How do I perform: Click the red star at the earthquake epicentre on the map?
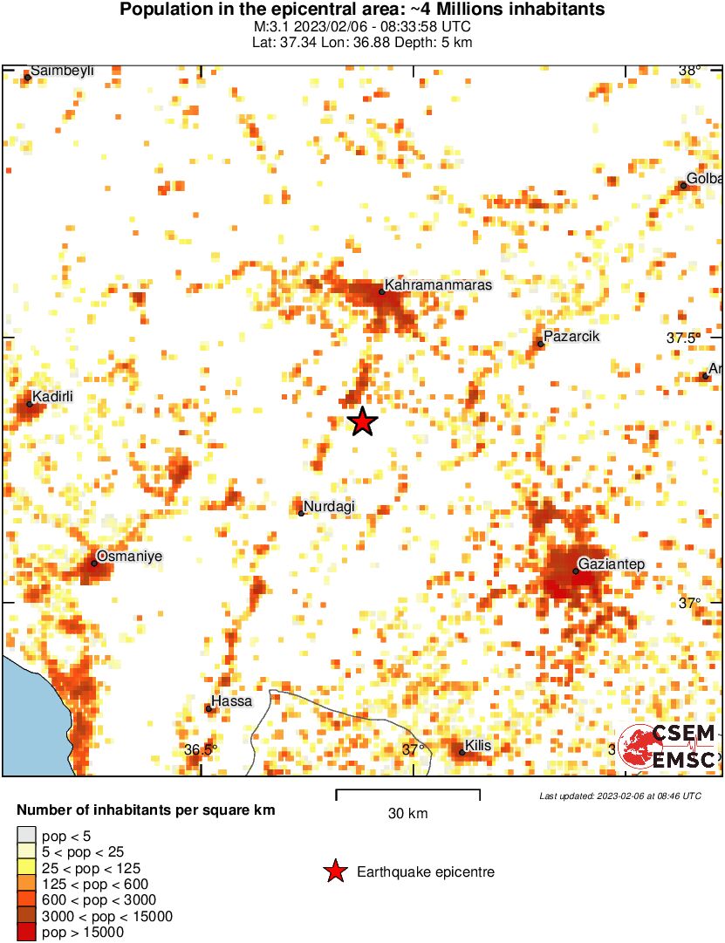click(x=362, y=422)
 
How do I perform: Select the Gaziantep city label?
click(x=612, y=564)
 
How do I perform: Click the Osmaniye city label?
click(x=129, y=556)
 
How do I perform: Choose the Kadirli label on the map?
click(x=52, y=397)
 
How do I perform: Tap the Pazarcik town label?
click(x=571, y=337)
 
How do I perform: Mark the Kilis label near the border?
click(x=479, y=746)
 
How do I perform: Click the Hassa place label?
click(x=233, y=701)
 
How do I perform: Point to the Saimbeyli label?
click(x=62, y=71)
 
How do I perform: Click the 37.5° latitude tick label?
click(x=684, y=338)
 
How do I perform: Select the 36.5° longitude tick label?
click(x=201, y=749)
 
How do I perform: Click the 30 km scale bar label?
click(x=407, y=814)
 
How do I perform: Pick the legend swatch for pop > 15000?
click(x=27, y=933)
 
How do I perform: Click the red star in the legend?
click(x=334, y=871)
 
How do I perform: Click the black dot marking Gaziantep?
click(x=576, y=571)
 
